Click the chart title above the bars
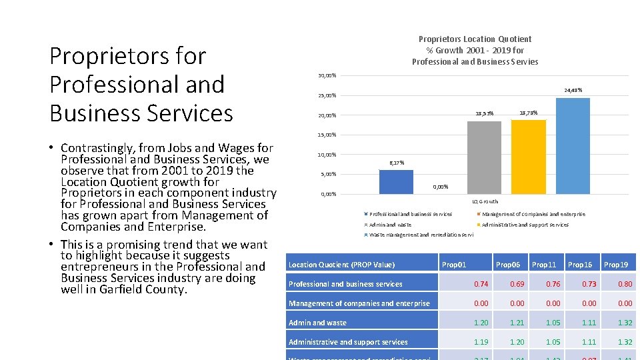[x=475, y=51]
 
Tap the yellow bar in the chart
[x=528, y=157]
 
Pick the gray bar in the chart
[x=484, y=158]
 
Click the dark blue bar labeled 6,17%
[x=396, y=181]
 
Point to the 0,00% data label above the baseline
[x=440, y=187]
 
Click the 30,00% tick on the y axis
[x=326, y=75]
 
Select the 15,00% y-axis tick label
[x=326, y=135]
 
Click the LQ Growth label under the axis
[x=485, y=201]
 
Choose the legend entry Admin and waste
[x=390, y=225]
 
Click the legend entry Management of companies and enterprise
[x=533, y=214]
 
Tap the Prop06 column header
[x=508, y=265]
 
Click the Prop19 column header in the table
[x=616, y=265]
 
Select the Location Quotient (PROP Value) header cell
[x=341, y=265]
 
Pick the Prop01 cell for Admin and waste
[x=481, y=323]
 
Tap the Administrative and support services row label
[x=348, y=342]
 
